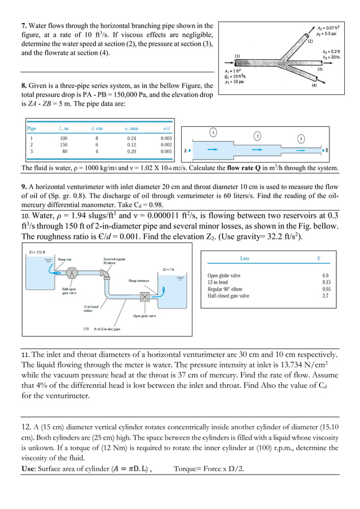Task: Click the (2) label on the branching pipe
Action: [x=310, y=41]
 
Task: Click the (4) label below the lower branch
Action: [x=314, y=86]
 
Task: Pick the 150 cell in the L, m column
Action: [x=63, y=144]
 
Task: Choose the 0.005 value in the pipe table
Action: [x=166, y=152]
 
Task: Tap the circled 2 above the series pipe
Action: [x=257, y=136]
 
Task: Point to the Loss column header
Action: [x=245, y=258]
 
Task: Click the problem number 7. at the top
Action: [x=24, y=26]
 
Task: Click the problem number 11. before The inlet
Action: [x=26, y=354]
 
